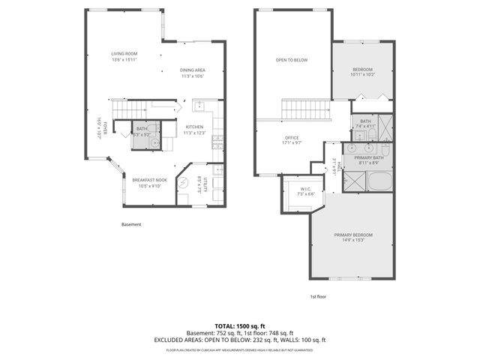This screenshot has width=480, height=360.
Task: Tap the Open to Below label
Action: coord(292,60)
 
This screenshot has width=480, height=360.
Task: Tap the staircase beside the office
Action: coord(305,109)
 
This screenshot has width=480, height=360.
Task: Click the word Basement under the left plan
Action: coord(130,224)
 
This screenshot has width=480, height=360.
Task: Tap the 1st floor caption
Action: coord(319,296)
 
